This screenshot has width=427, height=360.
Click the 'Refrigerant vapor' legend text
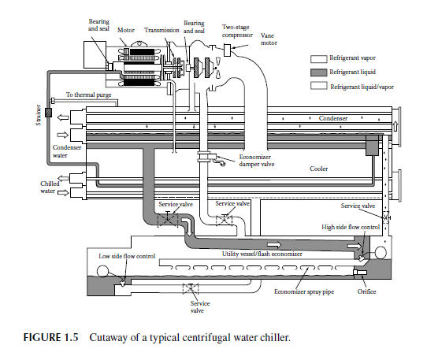click(351, 58)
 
